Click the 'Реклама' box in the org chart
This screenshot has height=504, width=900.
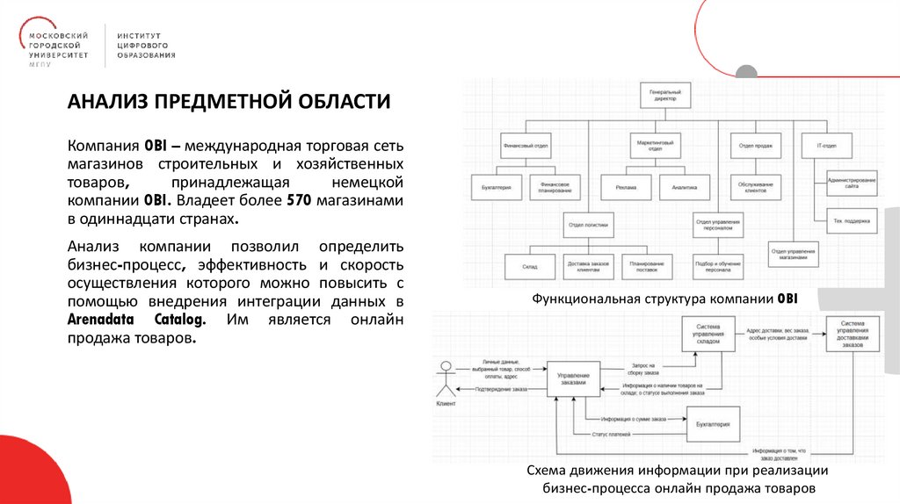625,187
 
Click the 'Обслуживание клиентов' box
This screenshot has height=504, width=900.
757,187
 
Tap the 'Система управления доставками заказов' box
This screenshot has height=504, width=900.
853,334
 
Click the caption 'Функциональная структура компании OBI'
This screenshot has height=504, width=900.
664,299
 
